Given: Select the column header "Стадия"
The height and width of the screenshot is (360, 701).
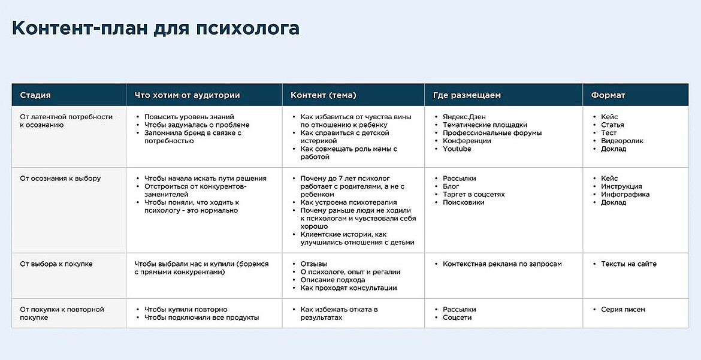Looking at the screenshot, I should click(x=35, y=95).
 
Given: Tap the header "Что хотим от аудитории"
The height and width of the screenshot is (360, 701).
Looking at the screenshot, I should click(x=187, y=95).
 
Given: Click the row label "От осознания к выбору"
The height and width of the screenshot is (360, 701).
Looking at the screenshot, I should click(x=61, y=179).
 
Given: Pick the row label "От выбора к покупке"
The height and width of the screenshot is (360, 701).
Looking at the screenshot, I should click(x=56, y=264).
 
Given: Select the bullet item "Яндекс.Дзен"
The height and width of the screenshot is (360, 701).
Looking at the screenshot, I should click(x=464, y=117).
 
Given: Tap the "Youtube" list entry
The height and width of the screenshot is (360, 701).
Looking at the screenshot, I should click(x=457, y=149).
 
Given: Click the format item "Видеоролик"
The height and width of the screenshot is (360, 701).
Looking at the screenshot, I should click(x=622, y=141).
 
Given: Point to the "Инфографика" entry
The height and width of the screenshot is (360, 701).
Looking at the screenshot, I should click(x=625, y=195).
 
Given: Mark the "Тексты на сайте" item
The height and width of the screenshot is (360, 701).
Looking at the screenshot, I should click(x=629, y=264).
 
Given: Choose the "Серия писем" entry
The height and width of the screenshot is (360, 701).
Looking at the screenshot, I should click(x=623, y=310).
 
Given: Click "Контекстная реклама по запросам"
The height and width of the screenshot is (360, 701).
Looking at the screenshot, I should click(x=502, y=264).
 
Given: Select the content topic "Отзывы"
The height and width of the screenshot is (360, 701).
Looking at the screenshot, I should click(x=313, y=264).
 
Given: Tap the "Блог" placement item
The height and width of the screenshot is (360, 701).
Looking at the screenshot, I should click(x=451, y=186).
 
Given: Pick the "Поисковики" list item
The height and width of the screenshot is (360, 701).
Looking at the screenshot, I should click(x=463, y=202).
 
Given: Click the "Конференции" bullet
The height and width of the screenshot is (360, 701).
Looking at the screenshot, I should click(x=467, y=141).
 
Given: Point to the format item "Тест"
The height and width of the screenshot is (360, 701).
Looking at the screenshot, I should click(x=609, y=133).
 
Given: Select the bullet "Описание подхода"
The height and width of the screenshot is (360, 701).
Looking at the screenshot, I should click(x=333, y=280).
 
